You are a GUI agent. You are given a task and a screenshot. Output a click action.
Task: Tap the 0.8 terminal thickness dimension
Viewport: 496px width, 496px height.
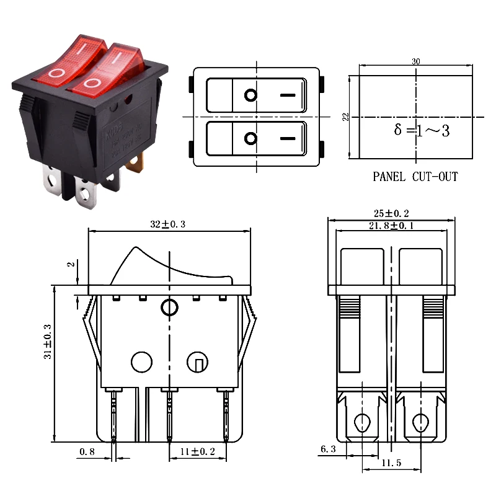pyautogui.click(x=87, y=452)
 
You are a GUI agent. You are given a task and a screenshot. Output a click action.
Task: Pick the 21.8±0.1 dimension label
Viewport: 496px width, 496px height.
pyautogui.click(x=391, y=225)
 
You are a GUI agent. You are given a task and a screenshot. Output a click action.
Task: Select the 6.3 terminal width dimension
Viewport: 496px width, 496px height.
pyautogui.click(x=329, y=449)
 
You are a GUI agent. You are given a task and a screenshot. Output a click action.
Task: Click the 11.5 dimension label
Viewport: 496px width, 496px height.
pyautogui.click(x=392, y=463)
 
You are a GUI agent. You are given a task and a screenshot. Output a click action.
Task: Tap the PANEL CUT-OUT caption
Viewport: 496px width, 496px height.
pyautogui.click(x=415, y=177)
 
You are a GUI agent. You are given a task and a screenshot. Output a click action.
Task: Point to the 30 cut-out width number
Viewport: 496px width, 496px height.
pyautogui.click(x=415, y=61)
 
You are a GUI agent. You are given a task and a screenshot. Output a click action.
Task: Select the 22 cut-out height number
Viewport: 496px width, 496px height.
pyautogui.click(x=345, y=117)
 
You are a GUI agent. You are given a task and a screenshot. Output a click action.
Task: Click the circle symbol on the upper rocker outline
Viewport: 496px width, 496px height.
pyautogui.click(x=250, y=95)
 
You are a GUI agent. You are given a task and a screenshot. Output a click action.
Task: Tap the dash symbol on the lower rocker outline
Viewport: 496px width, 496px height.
pyautogui.click(x=288, y=138)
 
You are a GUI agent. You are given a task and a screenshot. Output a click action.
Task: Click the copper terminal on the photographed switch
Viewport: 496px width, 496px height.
pyautogui.click(x=136, y=164)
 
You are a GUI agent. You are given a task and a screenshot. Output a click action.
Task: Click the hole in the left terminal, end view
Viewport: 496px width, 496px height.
pyautogui.click(x=361, y=423)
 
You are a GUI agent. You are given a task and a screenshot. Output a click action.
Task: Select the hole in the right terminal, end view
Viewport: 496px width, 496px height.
pyautogui.click(x=420, y=423)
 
